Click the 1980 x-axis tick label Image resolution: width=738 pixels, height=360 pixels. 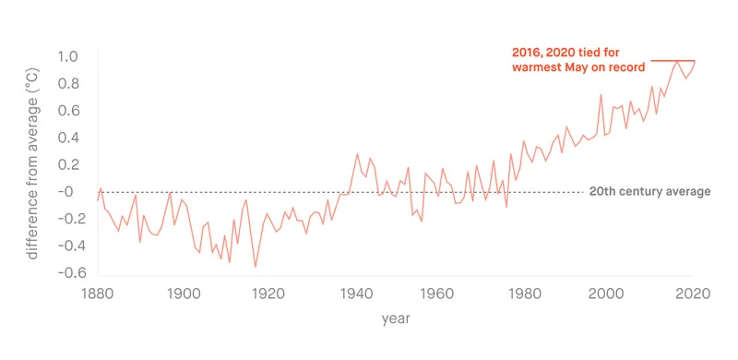[x=523, y=294]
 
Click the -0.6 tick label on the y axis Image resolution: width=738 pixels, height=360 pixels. [x=73, y=273]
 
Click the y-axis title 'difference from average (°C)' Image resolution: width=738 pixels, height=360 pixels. [x=33, y=163]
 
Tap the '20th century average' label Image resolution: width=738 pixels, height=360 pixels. [x=649, y=192]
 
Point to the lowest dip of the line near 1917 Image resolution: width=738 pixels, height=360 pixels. [x=256, y=267]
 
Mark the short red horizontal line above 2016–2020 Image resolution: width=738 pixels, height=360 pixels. [x=673, y=61]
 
